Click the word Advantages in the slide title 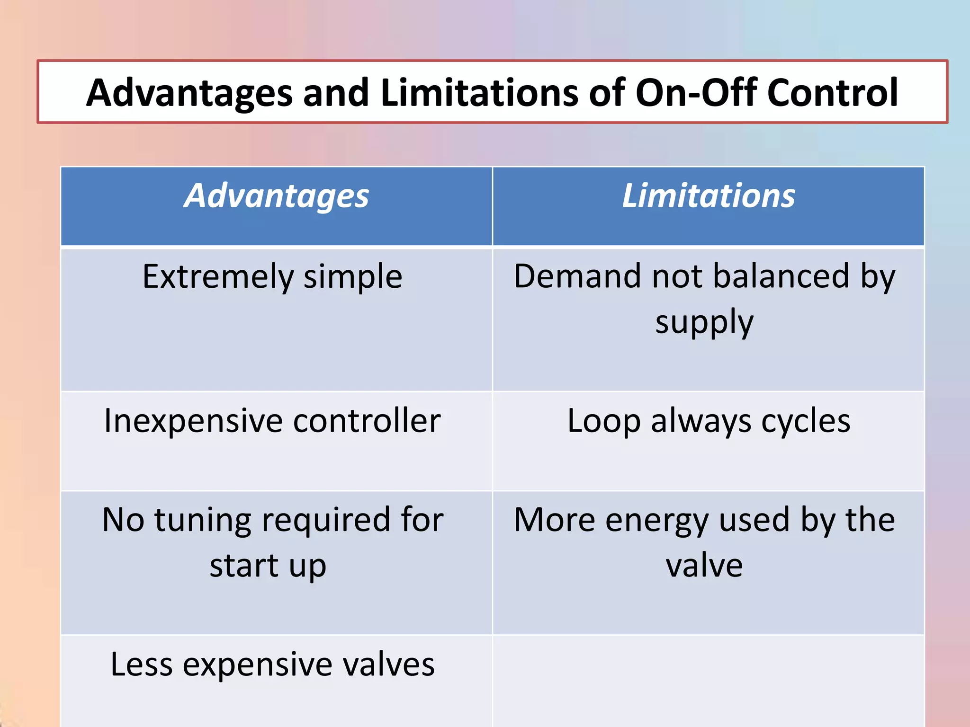189,93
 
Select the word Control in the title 832,93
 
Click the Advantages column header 276,196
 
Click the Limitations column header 708,196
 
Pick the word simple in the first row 353,277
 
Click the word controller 367,421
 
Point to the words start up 268,566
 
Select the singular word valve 704,566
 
